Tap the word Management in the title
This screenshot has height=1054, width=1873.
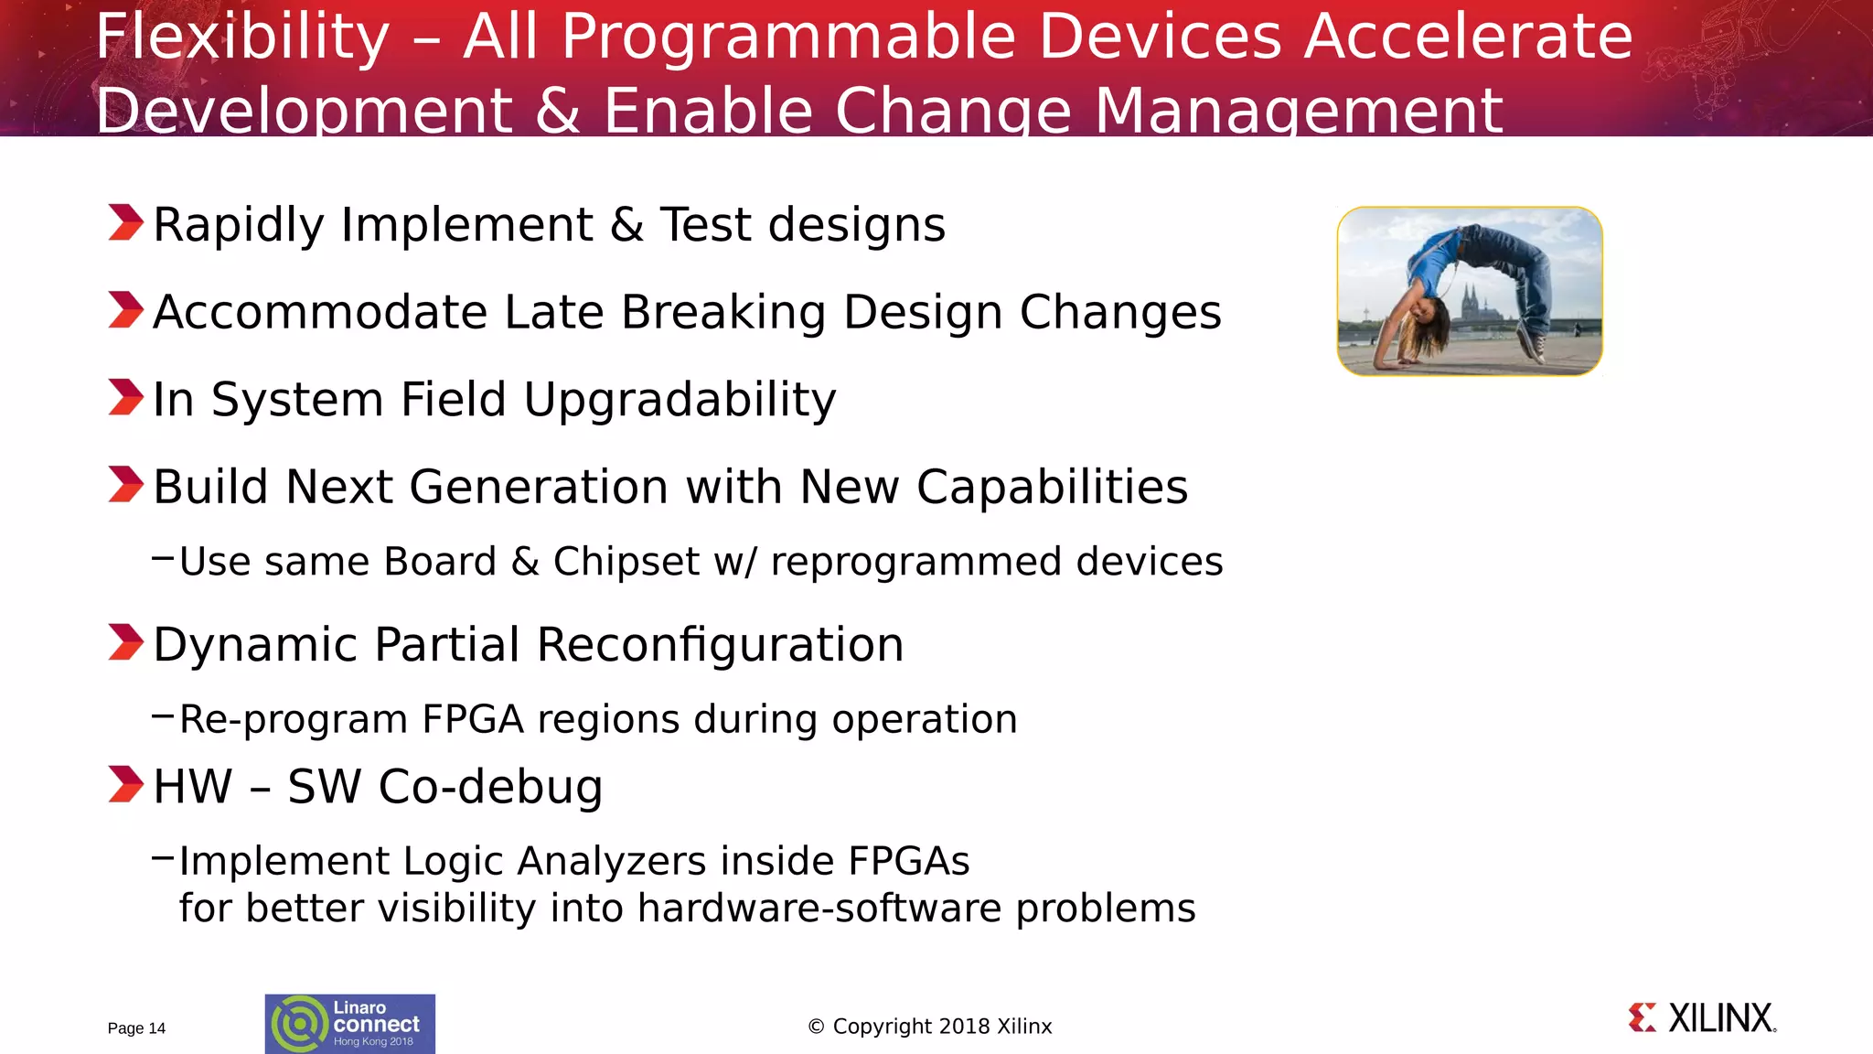point(1298,110)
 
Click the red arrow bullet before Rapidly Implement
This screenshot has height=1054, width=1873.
point(125,222)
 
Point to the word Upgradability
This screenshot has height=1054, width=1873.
point(680,400)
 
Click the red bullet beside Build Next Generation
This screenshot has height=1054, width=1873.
point(125,484)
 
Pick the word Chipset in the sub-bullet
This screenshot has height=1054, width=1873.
point(626,562)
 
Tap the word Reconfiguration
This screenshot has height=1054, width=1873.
point(720,644)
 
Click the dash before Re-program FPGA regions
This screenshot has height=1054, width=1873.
point(162,715)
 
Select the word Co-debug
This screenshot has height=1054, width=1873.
point(490,787)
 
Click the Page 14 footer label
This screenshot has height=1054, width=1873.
point(136,1028)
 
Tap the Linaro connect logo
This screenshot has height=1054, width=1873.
point(349,1024)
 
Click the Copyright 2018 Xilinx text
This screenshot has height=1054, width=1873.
point(930,1027)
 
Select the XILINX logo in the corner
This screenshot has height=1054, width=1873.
point(1702,1018)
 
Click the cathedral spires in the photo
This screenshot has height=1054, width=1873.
point(1470,302)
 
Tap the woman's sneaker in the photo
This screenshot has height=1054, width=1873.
point(1533,347)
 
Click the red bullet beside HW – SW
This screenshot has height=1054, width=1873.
point(125,784)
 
